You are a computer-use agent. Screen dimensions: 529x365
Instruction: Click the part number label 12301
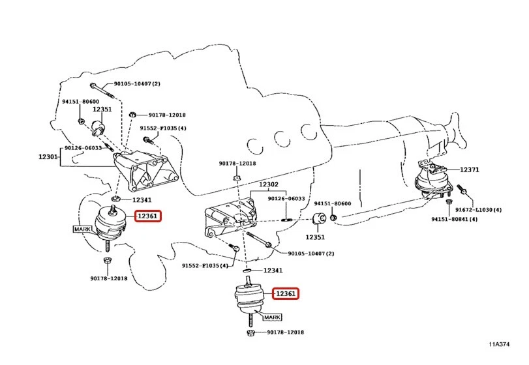(48, 156)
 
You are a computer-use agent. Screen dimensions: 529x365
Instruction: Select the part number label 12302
(269, 184)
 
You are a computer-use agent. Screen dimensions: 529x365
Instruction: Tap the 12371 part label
(469, 169)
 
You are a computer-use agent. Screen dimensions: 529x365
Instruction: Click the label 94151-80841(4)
(455, 219)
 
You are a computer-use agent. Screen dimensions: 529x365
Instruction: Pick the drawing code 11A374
(499, 344)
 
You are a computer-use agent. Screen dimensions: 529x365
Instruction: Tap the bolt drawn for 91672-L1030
(462, 190)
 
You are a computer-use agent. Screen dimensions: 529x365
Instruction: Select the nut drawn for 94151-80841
(449, 201)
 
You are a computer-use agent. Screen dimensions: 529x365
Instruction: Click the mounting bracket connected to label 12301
(145, 172)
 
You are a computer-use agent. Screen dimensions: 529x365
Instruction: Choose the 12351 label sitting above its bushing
(102, 109)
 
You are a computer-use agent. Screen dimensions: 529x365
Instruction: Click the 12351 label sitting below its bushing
(315, 237)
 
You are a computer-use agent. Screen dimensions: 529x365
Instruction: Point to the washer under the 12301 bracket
(115, 198)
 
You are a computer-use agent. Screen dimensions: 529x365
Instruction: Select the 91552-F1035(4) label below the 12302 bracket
(205, 265)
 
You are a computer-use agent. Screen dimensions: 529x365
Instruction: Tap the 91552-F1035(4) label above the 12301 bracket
(163, 128)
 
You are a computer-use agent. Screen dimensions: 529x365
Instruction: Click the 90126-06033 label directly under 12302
(286, 199)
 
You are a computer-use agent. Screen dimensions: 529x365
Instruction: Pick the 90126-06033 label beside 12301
(83, 148)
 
